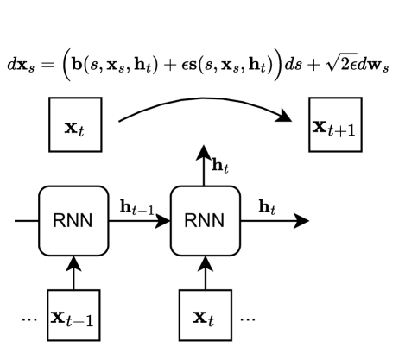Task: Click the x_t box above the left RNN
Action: pyautogui.click(x=75, y=124)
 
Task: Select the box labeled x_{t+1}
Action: pyautogui.click(x=335, y=124)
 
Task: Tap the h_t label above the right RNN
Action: pyautogui.click(x=221, y=163)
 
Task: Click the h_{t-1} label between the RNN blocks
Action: pyautogui.click(x=137, y=206)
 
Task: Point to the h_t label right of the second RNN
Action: pyautogui.click(x=268, y=206)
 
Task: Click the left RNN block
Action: pyautogui.click(x=73, y=220)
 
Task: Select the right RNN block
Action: pyautogui.click(x=205, y=220)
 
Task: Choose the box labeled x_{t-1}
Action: pyautogui.click(x=73, y=316)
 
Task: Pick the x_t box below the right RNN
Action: pyautogui.click(x=205, y=316)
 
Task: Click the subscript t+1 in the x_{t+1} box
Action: pyautogui.click(x=345, y=131)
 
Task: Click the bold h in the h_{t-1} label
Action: pyautogui.click(x=126, y=205)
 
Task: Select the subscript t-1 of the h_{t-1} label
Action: pyautogui.click(x=144, y=210)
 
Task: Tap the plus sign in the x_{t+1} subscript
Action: pyautogui.click(x=345, y=131)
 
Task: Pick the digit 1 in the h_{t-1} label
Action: pyautogui.click(x=151, y=210)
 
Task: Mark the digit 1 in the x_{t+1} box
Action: pyautogui.click(x=353, y=131)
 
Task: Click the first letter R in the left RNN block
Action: pyautogui.click(x=59, y=220)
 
